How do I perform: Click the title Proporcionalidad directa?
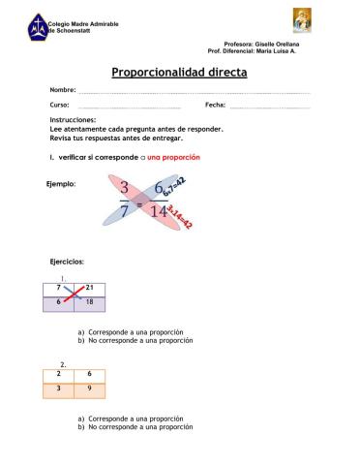(179, 72)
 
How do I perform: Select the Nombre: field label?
(63, 89)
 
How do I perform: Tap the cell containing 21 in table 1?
(90, 289)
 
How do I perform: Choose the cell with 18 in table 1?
(90, 303)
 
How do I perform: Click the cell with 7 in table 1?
(58, 289)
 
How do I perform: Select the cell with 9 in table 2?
(90, 388)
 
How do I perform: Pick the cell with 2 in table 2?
(58, 373)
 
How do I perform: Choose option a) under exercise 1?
(131, 333)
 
